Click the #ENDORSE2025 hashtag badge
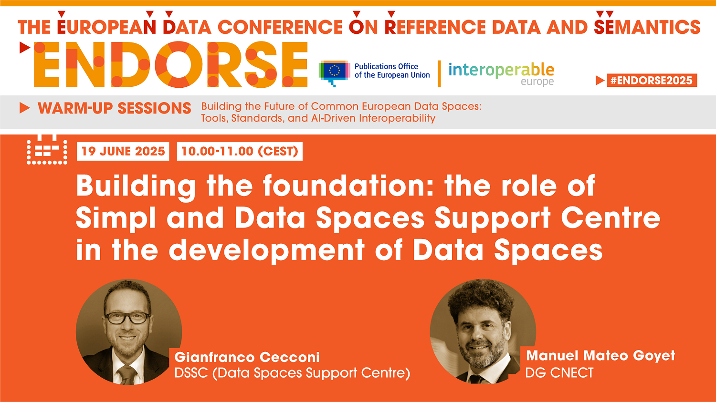(x=652, y=80)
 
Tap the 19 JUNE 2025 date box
(x=123, y=151)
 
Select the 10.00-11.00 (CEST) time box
(x=240, y=151)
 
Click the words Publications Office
(x=386, y=66)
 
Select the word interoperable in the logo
(x=501, y=70)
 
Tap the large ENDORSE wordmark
(x=171, y=64)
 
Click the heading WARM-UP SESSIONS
(x=115, y=108)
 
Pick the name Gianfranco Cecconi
(x=247, y=357)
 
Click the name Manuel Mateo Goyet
(x=600, y=355)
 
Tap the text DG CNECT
(x=559, y=372)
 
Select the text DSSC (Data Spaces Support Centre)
(x=292, y=373)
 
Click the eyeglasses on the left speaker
(x=127, y=318)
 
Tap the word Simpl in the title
(x=116, y=218)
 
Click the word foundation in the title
(x=348, y=186)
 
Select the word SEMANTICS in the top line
(x=647, y=27)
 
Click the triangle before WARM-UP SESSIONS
(x=24, y=108)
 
